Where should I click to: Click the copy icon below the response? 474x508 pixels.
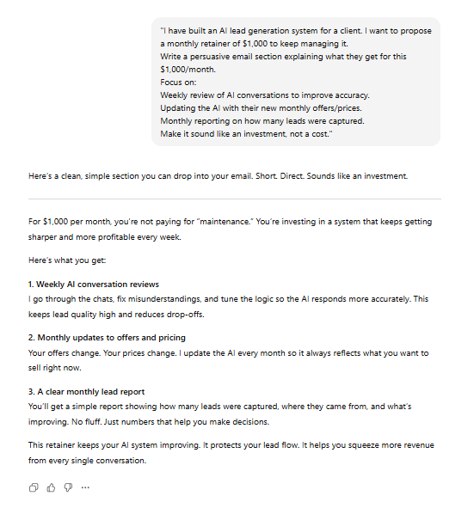[x=34, y=487]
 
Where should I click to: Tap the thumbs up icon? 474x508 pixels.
[x=51, y=487]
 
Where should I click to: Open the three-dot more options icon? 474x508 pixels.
[x=85, y=487]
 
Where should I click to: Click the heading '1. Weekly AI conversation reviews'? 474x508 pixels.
[x=94, y=284]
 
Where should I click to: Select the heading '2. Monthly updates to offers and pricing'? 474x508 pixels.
[x=107, y=337]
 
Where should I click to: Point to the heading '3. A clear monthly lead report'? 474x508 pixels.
[x=87, y=391]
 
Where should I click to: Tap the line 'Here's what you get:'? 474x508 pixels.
[x=62, y=260]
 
